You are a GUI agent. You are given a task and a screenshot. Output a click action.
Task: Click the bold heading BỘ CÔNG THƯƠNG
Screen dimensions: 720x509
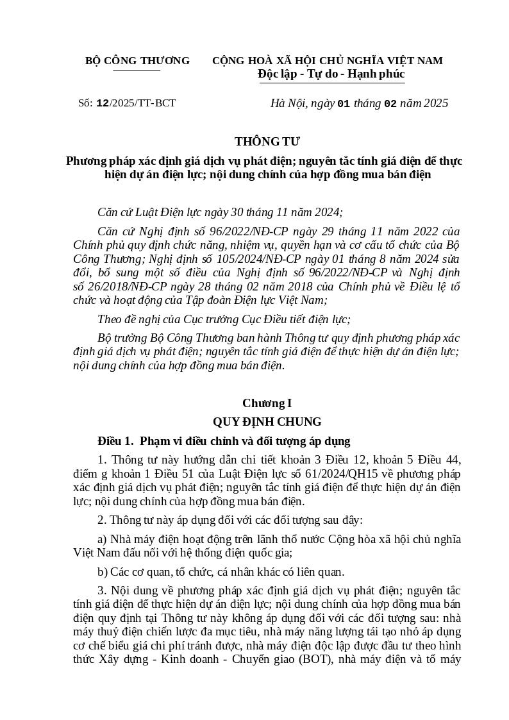click(x=137, y=61)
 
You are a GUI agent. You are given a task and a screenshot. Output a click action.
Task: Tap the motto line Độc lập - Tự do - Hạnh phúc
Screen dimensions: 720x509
click(x=331, y=74)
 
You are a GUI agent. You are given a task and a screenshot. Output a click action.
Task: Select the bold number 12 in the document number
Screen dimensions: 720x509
click(x=103, y=103)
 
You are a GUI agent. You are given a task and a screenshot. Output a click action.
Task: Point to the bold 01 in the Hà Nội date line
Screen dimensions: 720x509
click(x=344, y=104)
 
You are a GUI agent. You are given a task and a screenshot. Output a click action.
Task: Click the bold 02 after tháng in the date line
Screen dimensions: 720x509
click(x=390, y=104)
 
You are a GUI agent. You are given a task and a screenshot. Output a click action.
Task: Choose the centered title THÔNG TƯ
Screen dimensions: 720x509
click(x=267, y=142)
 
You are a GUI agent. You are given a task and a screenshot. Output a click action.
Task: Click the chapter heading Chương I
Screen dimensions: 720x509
click(x=267, y=403)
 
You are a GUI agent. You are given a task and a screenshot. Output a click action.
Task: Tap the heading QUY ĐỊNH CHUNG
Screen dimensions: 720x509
click(x=267, y=422)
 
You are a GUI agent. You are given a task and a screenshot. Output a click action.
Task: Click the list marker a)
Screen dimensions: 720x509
click(x=102, y=539)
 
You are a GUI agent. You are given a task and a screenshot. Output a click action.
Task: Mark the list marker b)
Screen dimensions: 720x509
click(x=102, y=571)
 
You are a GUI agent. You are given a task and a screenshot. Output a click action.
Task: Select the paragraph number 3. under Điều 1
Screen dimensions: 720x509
click(x=102, y=590)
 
